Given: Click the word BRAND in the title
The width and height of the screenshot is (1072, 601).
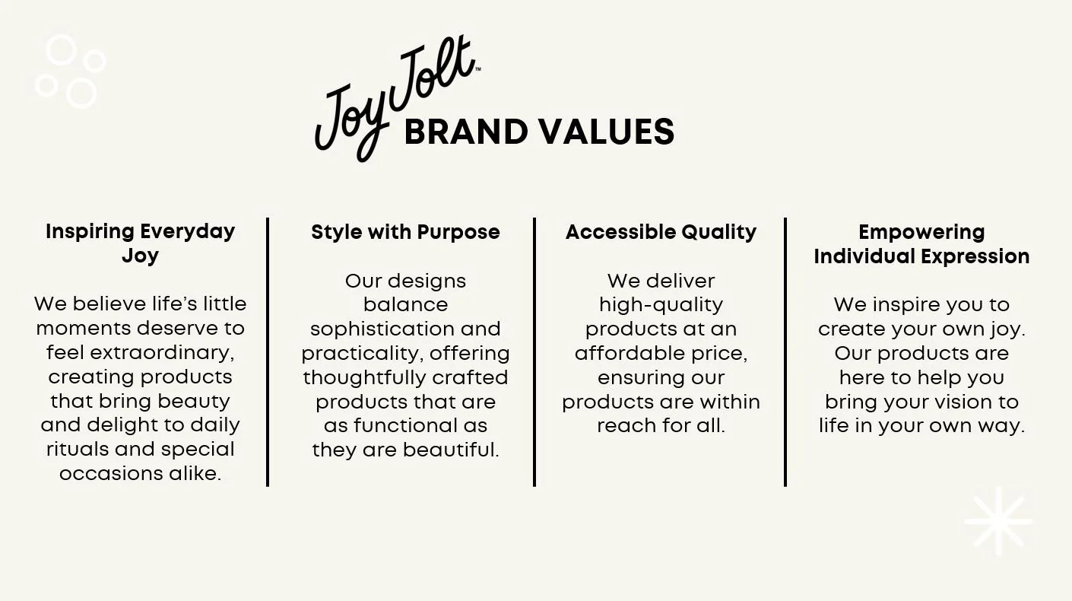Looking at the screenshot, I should click(x=466, y=132).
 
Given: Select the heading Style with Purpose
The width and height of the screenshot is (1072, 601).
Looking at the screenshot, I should click(x=405, y=232).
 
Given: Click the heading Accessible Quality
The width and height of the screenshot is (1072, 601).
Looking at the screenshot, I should click(x=661, y=232).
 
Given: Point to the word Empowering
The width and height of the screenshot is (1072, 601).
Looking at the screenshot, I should click(x=921, y=232).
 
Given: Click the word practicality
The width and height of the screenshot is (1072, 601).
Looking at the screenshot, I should click(x=361, y=354).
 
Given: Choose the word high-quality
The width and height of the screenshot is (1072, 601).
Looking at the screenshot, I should click(x=661, y=305).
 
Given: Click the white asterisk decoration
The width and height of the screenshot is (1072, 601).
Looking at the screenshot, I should click(x=997, y=522).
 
